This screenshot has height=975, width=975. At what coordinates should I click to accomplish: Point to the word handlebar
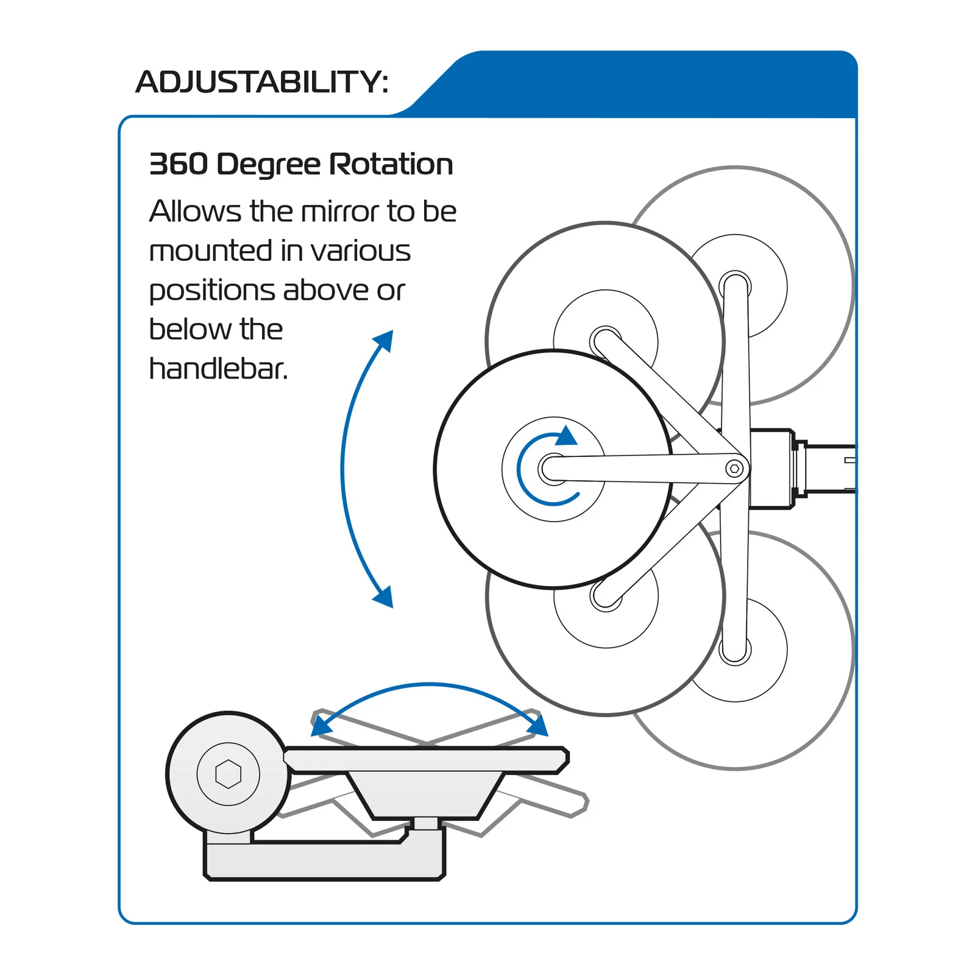click(x=218, y=369)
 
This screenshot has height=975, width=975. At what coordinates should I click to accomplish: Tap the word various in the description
click(x=360, y=251)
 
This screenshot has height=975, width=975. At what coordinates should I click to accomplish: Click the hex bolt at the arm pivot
click(x=734, y=469)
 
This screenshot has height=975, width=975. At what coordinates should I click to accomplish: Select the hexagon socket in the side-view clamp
click(x=229, y=774)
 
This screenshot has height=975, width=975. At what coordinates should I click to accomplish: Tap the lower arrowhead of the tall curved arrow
click(x=385, y=597)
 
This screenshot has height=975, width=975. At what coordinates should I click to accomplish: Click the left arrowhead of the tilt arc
click(x=319, y=726)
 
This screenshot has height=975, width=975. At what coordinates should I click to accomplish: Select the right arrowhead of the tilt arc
click(x=539, y=726)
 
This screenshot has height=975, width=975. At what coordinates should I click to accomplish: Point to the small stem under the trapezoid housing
click(x=426, y=823)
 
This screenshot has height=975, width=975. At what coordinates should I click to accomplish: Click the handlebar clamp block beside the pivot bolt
click(x=771, y=469)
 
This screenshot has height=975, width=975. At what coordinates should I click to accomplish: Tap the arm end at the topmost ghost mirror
click(x=735, y=285)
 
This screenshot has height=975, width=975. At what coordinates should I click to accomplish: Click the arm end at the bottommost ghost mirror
click(x=734, y=651)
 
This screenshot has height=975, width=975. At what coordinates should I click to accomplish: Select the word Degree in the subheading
click(x=268, y=165)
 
